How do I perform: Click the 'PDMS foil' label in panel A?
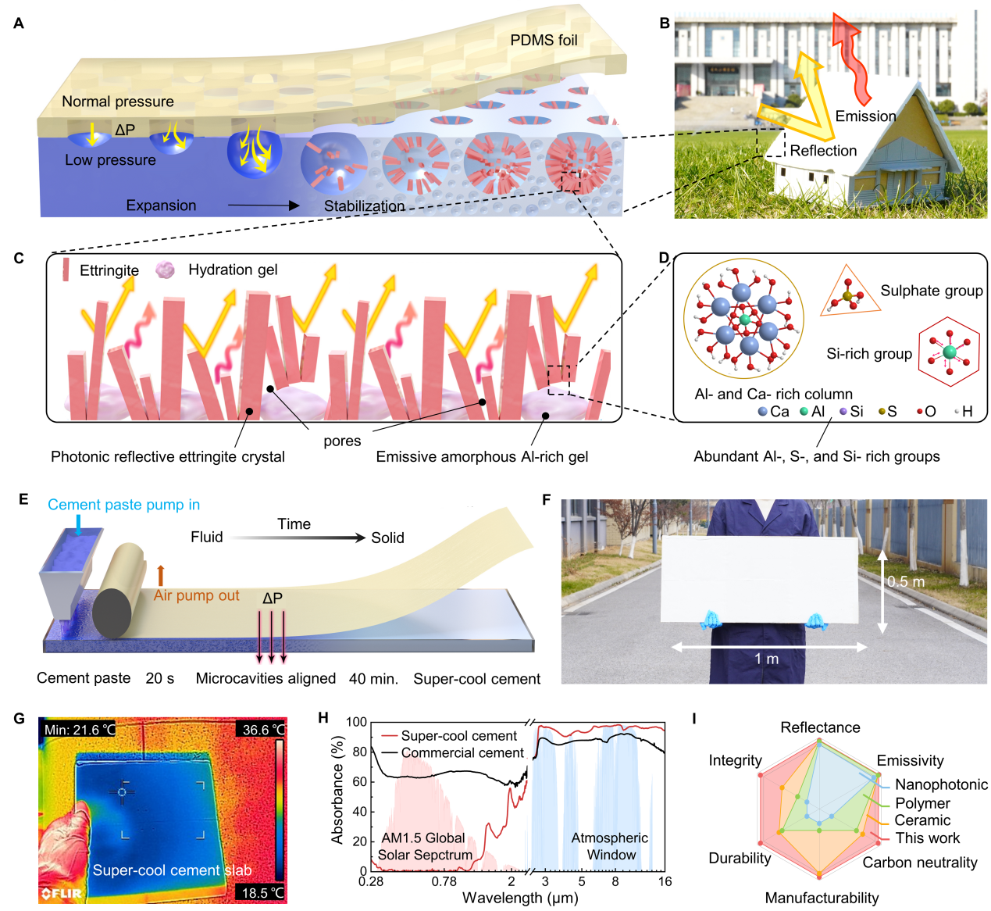pyautogui.click(x=544, y=40)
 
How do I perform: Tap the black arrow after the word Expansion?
pyautogui.click(x=264, y=205)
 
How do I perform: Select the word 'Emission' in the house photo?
pyautogui.click(x=865, y=116)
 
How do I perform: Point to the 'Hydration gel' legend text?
pyautogui.click(x=233, y=270)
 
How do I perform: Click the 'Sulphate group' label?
pyautogui.click(x=932, y=291)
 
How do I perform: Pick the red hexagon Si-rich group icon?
pyautogui.click(x=949, y=352)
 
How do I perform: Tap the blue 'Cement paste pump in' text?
pyautogui.click(x=123, y=505)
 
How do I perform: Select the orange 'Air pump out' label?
pyautogui.click(x=196, y=595)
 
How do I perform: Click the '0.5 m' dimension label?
pyautogui.click(x=906, y=581)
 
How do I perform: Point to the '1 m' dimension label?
pyautogui.click(x=766, y=659)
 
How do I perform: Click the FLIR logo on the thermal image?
pyautogui.click(x=62, y=893)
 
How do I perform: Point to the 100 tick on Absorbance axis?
pyautogui.click(x=356, y=722)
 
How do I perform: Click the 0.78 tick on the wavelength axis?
pyautogui.click(x=444, y=881)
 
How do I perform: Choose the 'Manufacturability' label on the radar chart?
pyautogui.click(x=822, y=898)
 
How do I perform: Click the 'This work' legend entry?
pyautogui.click(x=928, y=838)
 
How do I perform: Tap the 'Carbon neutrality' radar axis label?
pyautogui.click(x=919, y=862)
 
